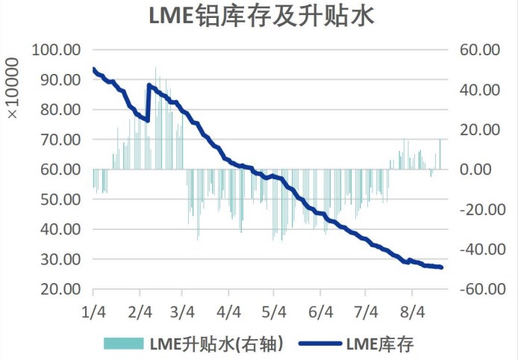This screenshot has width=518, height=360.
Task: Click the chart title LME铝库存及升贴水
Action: click(x=258, y=16)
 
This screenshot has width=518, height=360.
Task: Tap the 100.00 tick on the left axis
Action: click(x=57, y=50)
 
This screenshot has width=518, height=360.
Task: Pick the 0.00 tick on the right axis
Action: click(x=475, y=170)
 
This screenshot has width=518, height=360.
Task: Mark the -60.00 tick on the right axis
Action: click(x=475, y=289)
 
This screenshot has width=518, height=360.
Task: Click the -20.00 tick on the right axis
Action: click(x=475, y=209)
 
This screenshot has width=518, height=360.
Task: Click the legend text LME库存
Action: click(x=380, y=344)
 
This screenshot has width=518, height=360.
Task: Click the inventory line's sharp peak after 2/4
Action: click(x=149, y=85)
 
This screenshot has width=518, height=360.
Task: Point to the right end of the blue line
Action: click(x=442, y=267)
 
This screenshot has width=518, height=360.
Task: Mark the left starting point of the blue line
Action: click(x=93, y=69)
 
